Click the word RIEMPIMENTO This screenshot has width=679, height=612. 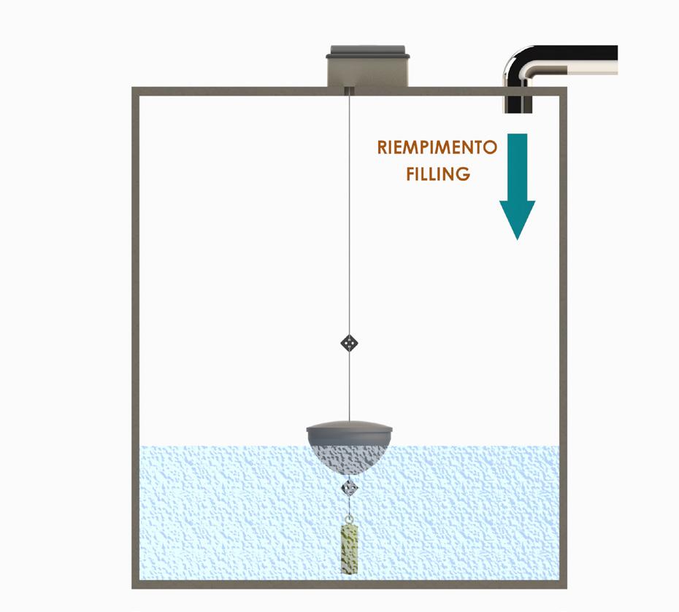(x=437, y=148)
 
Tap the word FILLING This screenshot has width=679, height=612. (x=437, y=175)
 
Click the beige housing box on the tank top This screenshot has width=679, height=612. (x=368, y=73)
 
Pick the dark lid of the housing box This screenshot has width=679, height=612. (x=368, y=52)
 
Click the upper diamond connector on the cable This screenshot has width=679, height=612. (x=350, y=342)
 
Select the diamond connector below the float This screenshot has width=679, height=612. (x=350, y=487)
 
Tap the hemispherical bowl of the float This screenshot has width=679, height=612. (x=350, y=456)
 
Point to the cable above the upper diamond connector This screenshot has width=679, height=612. (x=350, y=219)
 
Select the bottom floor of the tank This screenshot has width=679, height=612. (x=350, y=584)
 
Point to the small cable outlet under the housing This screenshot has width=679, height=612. (x=349, y=91)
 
